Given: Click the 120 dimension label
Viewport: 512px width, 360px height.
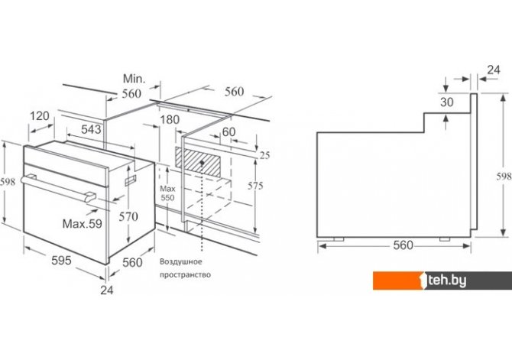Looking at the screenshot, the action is [40, 115].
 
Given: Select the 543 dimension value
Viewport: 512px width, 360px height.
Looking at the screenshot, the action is [91, 129].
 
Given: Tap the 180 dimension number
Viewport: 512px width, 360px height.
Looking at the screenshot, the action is [170, 119].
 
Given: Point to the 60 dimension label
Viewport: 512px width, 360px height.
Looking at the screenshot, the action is [228, 131].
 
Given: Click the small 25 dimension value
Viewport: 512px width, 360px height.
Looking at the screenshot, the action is [264, 155].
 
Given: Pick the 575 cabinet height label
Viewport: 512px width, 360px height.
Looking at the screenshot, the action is [255, 186].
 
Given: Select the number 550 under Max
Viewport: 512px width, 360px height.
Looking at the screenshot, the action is [167, 198].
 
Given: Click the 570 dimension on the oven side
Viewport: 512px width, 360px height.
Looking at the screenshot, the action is [128, 216].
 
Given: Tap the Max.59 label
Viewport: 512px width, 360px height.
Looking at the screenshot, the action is [83, 223].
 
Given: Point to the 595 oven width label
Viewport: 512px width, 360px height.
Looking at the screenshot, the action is [61, 261].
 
